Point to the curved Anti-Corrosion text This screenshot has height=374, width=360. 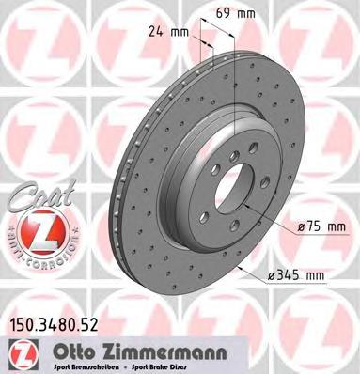tap(38, 259)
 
